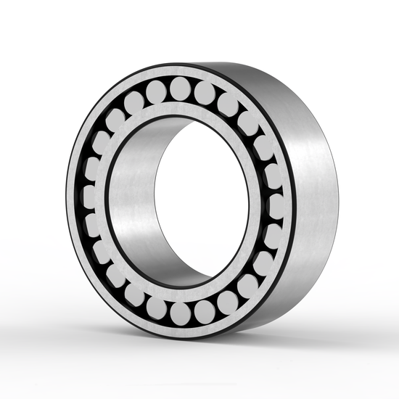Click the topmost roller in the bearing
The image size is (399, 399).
tap(180, 89)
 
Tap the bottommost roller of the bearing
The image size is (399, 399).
tap(181, 313)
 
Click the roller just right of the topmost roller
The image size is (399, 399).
tap(205, 92)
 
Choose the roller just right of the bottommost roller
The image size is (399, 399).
tap(205, 310)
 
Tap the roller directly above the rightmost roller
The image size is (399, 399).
tap(273, 176)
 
